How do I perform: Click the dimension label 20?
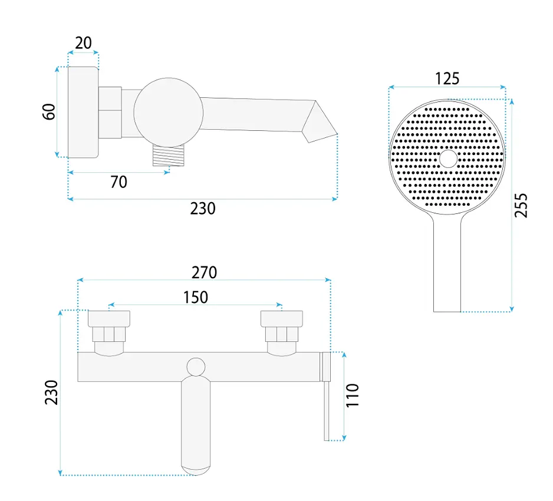83,42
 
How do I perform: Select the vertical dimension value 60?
49,112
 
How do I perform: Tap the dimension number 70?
119,182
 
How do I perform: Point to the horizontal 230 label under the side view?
203,209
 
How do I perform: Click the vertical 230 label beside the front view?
51,393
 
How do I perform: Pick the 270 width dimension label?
204,272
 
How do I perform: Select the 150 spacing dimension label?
195,297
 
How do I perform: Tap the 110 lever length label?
352,395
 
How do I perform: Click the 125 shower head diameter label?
447,78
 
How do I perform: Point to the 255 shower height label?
521,206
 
